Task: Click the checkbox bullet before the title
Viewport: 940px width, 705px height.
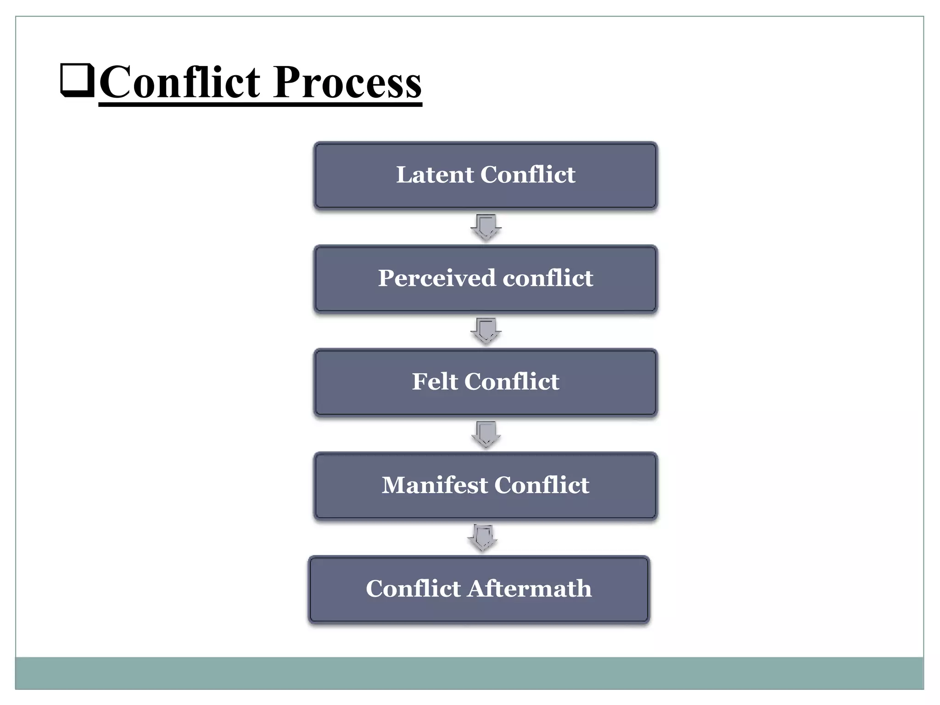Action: (77, 81)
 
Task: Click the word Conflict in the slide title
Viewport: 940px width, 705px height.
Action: (180, 83)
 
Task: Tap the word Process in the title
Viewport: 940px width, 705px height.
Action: (347, 83)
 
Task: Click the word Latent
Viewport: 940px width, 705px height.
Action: (435, 175)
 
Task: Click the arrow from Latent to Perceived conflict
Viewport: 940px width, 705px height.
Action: (486, 227)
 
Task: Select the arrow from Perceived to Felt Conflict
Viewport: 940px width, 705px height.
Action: (486, 330)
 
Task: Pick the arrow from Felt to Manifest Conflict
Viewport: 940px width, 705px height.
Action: (486, 434)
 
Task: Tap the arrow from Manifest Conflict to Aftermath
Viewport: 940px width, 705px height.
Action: (482, 537)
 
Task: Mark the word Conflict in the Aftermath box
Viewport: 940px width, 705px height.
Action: (413, 589)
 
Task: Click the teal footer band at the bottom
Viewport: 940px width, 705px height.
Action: (469, 673)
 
